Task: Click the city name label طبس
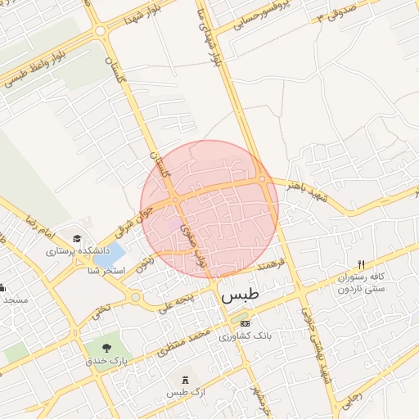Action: pyautogui.click(x=239, y=295)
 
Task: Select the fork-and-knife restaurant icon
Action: pyautogui.click(x=361, y=265)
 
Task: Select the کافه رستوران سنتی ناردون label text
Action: pyautogui.click(x=361, y=284)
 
